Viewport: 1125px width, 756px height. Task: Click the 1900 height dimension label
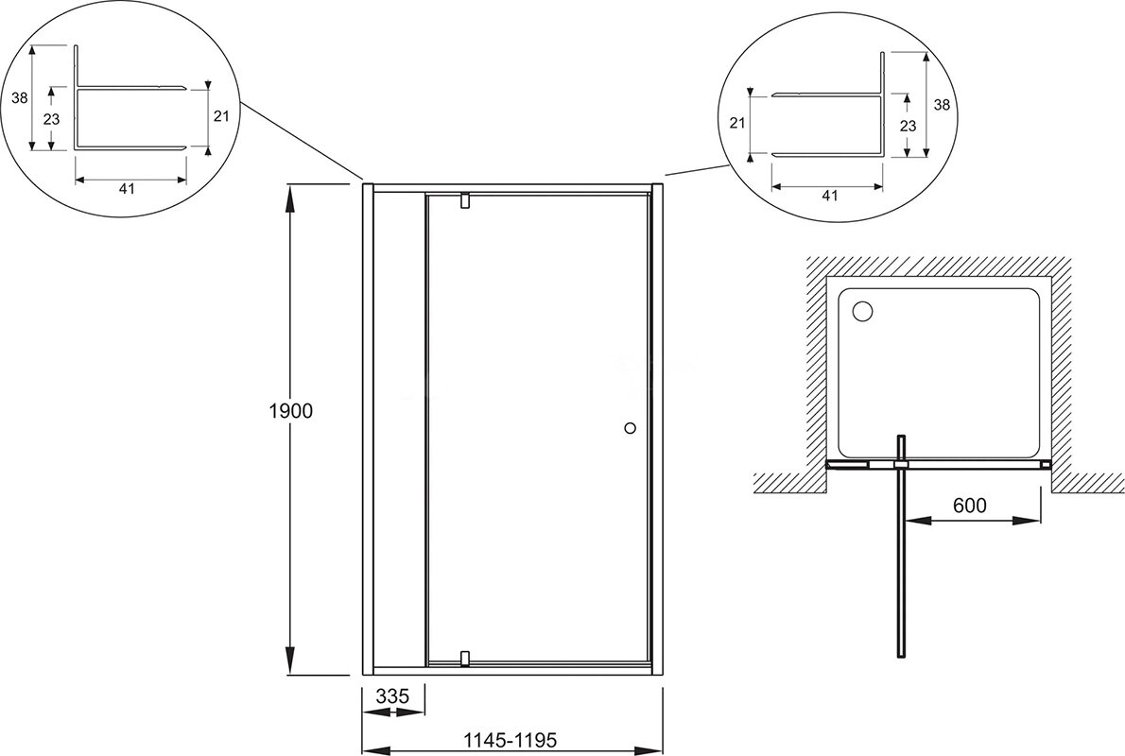(290, 412)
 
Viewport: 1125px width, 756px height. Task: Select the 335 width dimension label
(391, 696)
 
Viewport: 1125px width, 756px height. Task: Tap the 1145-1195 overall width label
(511, 739)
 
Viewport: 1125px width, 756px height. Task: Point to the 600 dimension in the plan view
(969, 505)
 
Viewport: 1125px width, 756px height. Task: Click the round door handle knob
(630, 428)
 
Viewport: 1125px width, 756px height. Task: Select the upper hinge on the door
(465, 201)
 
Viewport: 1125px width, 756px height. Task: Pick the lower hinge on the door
(465, 658)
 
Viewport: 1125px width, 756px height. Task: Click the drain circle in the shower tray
(861, 311)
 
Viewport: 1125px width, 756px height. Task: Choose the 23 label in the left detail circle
(52, 119)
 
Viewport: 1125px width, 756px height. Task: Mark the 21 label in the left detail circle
(221, 114)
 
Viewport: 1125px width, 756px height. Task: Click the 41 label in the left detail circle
(127, 189)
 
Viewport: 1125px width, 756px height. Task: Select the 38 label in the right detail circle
(942, 104)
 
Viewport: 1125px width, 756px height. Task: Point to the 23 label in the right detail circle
(908, 126)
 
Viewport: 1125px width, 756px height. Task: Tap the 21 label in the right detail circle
(737, 123)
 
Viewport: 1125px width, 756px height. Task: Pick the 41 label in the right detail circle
(829, 195)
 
